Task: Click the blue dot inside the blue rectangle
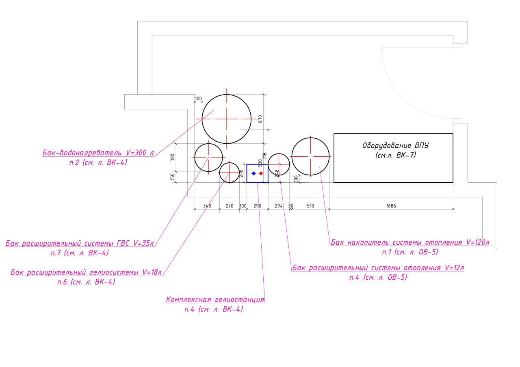(254, 173)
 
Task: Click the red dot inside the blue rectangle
(261, 173)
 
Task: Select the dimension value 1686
(391, 206)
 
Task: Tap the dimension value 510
(310, 206)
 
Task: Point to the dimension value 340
(207, 206)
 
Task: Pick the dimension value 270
(230, 206)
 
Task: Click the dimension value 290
(258, 206)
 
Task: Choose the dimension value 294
(279, 206)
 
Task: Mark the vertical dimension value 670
(260, 119)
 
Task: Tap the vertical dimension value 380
(173, 158)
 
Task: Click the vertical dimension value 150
(173, 177)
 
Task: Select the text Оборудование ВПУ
(396, 145)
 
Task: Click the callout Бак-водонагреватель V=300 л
(98, 153)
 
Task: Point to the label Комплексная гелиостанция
(215, 300)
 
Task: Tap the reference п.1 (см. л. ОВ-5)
(410, 252)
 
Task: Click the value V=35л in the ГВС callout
(143, 243)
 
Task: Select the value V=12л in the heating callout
(454, 268)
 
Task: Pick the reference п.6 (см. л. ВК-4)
(86, 282)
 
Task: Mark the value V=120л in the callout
(478, 242)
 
